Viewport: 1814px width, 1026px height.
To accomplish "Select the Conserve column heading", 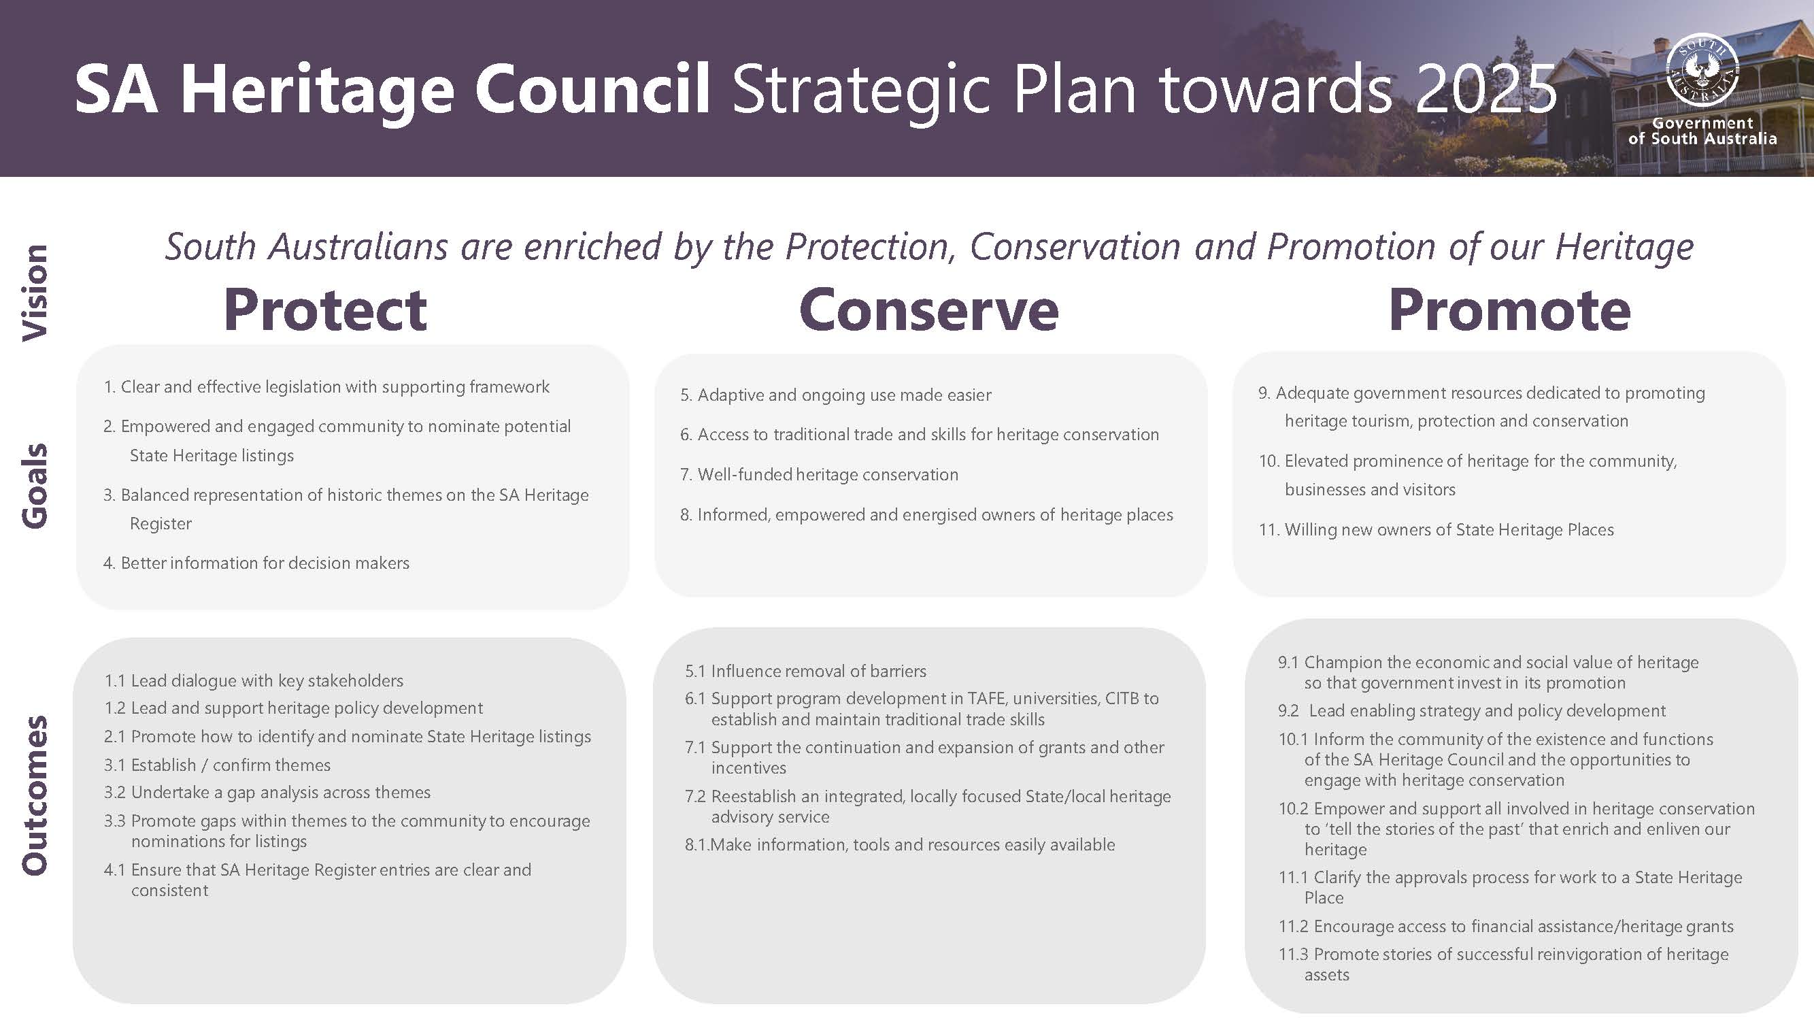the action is (x=928, y=310).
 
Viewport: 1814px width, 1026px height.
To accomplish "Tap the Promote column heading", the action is (x=1509, y=310).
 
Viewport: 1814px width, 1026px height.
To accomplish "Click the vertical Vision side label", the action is (x=35, y=293).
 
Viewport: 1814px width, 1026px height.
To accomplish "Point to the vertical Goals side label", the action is (x=35, y=486).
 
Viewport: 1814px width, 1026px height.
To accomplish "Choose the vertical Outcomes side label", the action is (x=35, y=795).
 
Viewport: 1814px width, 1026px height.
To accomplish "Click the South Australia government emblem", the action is (x=1702, y=71).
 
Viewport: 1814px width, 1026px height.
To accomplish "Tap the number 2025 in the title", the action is (x=1485, y=88).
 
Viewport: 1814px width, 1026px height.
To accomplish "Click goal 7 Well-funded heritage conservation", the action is (x=820, y=475).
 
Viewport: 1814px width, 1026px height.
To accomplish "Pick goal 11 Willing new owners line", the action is (x=1437, y=530).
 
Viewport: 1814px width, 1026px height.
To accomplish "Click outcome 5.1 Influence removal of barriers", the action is (x=806, y=671).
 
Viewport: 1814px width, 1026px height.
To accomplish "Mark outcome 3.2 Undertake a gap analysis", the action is (x=267, y=793).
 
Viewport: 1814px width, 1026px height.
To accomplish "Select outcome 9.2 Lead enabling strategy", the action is (x=1472, y=711).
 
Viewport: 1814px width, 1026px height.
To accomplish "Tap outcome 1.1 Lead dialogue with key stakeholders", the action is (x=254, y=680).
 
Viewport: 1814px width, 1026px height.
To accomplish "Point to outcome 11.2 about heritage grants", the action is (x=1506, y=927).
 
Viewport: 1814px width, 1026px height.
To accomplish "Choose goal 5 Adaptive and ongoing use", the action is (x=835, y=395).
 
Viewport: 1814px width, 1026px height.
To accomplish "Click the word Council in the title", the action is (x=592, y=88).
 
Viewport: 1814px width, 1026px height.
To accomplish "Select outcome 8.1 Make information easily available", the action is (x=901, y=845).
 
